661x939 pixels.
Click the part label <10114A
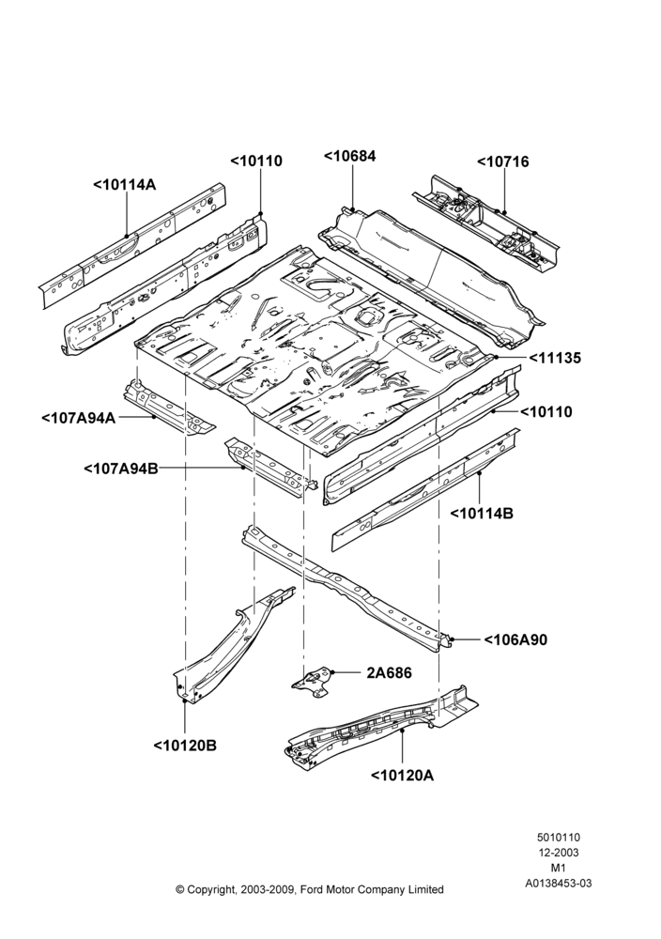coord(125,184)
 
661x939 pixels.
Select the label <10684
coord(349,156)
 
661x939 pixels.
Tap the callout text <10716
coord(503,162)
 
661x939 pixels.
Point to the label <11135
coord(555,358)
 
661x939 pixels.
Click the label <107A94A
coord(78,418)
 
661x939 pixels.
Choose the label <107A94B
coord(121,469)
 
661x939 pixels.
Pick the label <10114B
coord(482,514)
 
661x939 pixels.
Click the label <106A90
coord(515,639)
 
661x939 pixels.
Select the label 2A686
coord(389,673)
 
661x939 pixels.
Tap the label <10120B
coord(185,746)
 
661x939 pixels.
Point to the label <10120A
coord(403,776)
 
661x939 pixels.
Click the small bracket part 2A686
coord(312,682)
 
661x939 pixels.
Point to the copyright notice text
coord(310,889)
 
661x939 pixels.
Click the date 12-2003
coord(558,853)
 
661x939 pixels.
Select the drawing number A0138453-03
coord(558,883)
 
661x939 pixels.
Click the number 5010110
coord(558,838)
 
